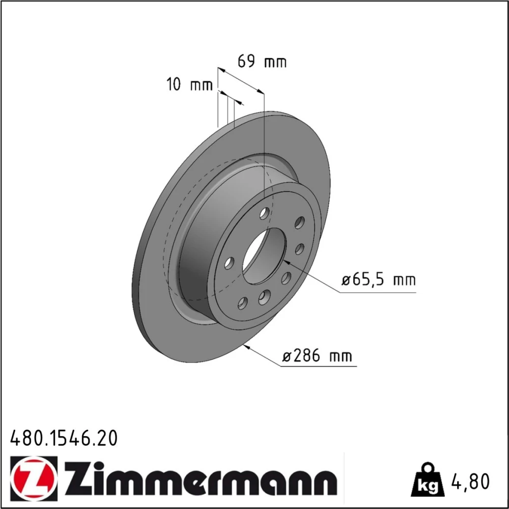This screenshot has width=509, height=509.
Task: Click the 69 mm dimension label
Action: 262,62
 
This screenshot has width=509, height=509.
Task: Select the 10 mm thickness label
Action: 190,84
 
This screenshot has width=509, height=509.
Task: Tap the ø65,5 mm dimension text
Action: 379,279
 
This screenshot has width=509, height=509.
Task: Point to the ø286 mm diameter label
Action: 317,355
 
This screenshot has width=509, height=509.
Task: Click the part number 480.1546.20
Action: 64,438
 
